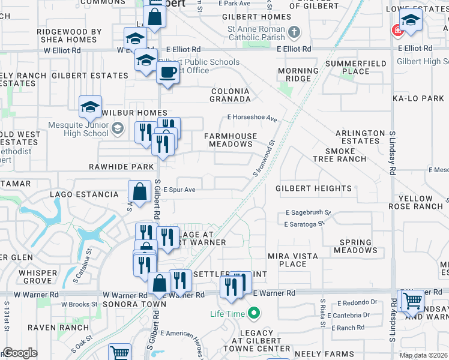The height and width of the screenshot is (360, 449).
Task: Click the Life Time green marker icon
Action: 254,313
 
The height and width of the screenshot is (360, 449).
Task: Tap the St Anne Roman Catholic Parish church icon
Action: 294,31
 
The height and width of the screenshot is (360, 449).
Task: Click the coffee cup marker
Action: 167,73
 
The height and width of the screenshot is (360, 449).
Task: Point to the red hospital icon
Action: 397,30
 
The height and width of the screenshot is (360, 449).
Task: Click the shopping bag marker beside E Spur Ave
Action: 139,192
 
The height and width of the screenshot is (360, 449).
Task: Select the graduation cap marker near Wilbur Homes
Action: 90,107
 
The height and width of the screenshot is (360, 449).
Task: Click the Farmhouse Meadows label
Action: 231,140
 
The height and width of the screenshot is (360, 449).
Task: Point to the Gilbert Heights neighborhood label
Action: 313,188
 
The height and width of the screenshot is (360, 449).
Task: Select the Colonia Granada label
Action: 230,95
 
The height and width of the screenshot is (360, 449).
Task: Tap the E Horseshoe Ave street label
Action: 252,118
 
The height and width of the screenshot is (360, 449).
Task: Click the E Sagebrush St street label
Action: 309,212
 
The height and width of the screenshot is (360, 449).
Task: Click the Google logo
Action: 20,353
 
